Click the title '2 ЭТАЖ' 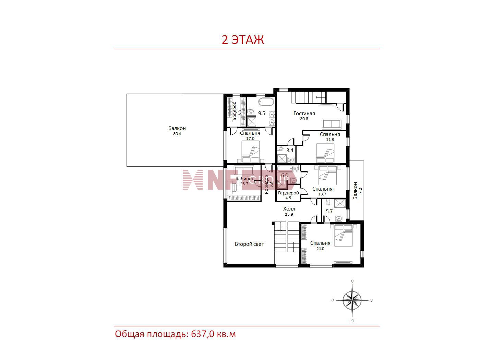pyautogui.click(x=243, y=40)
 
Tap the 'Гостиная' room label pyautogui.click(x=304, y=113)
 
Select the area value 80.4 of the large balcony pyautogui.click(x=177, y=134)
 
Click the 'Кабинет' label pyautogui.click(x=244, y=179)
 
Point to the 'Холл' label pyautogui.click(x=289, y=209)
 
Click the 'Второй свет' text pyautogui.click(x=249, y=244)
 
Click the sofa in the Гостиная pyautogui.click(x=331, y=124)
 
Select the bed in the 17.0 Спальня pyautogui.click(x=250, y=152)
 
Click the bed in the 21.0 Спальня pyautogui.click(x=343, y=236)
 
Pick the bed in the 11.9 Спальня pyautogui.click(x=325, y=153)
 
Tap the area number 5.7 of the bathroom pyautogui.click(x=329, y=211)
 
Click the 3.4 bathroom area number pyautogui.click(x=290, y=151)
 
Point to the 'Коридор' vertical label pyautogui.click(x=266, y=184)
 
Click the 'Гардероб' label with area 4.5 pyautogui.click(x=288, y=193)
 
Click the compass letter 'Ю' pyautogui.click(x=352, y=321)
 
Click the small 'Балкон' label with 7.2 pyautogui.click(x=355, y=191)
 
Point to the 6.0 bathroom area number pyautogui.click(x=285, y=175)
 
